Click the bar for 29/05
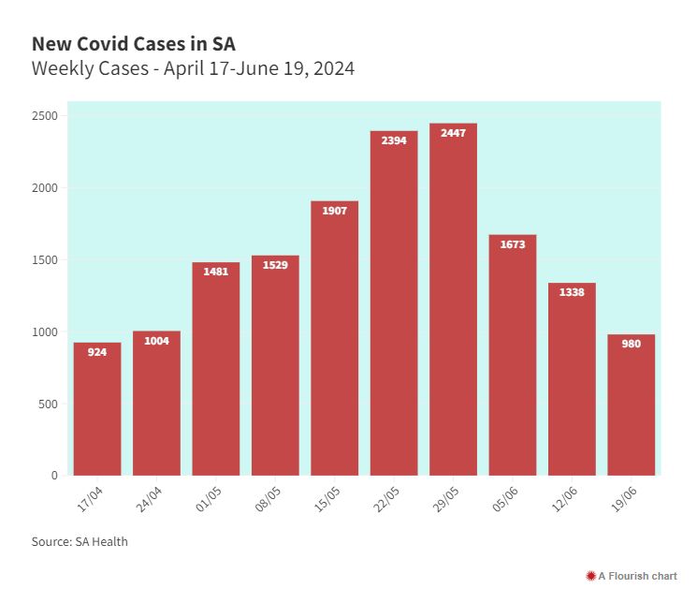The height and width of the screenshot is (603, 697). coord(453,300)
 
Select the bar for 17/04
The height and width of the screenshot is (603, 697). coord(97,409)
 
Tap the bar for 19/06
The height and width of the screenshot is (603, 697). coord(632,405)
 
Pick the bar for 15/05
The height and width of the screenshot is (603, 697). coord(335,338)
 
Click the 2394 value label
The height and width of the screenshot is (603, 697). coord(394,140)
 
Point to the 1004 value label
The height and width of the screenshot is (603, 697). coord(156,341)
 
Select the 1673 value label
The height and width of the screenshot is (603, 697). coord(513,244)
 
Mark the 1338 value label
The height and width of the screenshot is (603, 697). coord(572,292)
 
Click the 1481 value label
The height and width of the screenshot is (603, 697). coord(216,272)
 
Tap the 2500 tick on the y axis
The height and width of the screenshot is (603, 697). coord(45,116)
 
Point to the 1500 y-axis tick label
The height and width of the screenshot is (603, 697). coord(45,260)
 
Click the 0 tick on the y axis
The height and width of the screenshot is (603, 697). coord(54,476)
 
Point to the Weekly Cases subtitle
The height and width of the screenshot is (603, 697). coord(193,68)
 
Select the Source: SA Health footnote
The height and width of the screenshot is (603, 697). coord(80,541)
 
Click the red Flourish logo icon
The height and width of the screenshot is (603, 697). coord(590,576)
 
